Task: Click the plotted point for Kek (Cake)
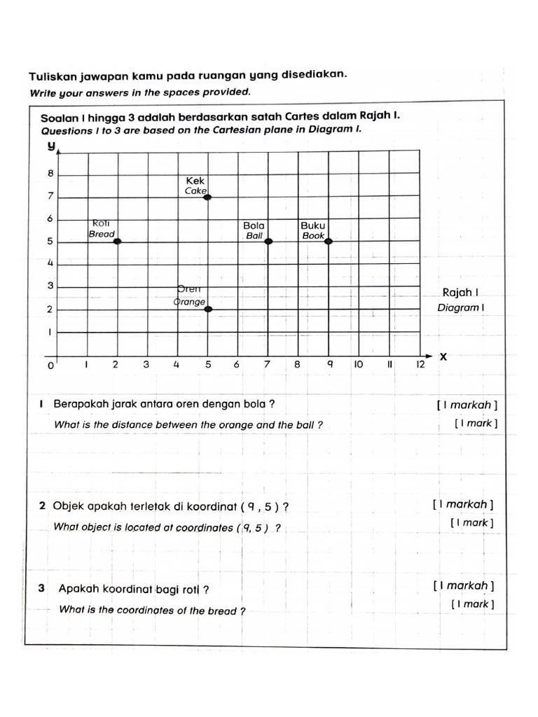pyautogui.click(x=207, y=197)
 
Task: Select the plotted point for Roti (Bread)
pyautogui.click(x=117, y=241)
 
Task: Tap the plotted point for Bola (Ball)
pyautogui.click(x=268, y=240)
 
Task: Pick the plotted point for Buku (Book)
pyautogui.click(x=328, y=241)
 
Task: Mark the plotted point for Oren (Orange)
pyautogui.click(x=208, y=308)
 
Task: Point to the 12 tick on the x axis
pyautogui.click(x=421, y=365)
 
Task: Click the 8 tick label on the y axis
pyautogui.click(x=50, y=173)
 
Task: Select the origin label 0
pyautogui.click(x=50, y=366)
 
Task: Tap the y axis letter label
pyautogui.click(x=50, y=146)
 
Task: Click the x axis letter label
pyautogui.click(x=443, y=356)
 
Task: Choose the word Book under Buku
pyautogui.click(x=313, y=236)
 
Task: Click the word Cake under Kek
pyautogui.click(x=195, y=190)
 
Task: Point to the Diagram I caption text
pyautogui.click(x=460, y=307)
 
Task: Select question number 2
pyautogui.click(x=43, y=506)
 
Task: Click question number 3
pyautogui.click(x=42, y=589)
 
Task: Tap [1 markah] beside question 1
pyautogui.click(x=467, y=405)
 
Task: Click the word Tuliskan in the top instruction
pyautogui.click(x=53, y=76)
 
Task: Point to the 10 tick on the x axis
pyautogui.click(x=358, y=365)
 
